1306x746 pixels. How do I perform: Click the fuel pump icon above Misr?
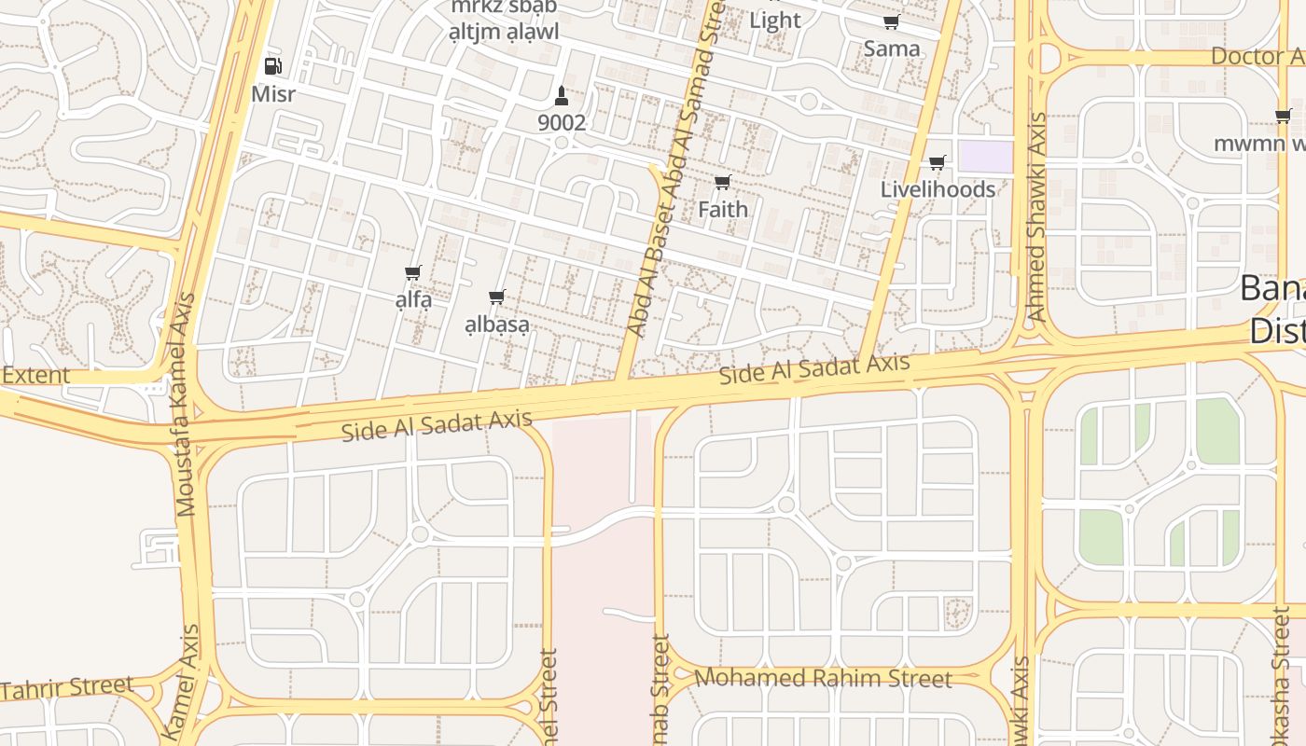(x=272, y=66)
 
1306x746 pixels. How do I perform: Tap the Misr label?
(x=273, y=94)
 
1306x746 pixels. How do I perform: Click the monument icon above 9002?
(x=561, y=95)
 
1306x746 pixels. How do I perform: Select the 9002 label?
(x=562, y=122)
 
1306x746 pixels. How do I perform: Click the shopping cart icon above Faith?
(x=722, y=183)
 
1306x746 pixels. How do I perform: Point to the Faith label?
(x=723, y=209)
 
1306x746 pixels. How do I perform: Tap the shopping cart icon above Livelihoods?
(x=938, y=163)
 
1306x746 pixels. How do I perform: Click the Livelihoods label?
(x=938, y=189)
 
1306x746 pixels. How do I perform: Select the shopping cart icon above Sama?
(x=891, y=22)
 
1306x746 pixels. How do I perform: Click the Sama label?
(x=891, y=48)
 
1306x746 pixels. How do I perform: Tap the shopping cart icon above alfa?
(x=413, y=273)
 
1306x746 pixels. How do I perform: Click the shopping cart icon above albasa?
(x=497, y=297)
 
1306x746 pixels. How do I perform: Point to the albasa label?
(x=497, y=325)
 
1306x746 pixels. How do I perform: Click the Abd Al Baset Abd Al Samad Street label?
(x=678, y=168)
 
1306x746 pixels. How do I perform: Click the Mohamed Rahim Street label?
(x=824, y=678)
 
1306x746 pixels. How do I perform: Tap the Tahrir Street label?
(x=67, y=688)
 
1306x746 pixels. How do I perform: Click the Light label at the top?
(x=774, y=20)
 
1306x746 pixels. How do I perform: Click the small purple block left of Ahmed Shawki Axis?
(x=985, y=157)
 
